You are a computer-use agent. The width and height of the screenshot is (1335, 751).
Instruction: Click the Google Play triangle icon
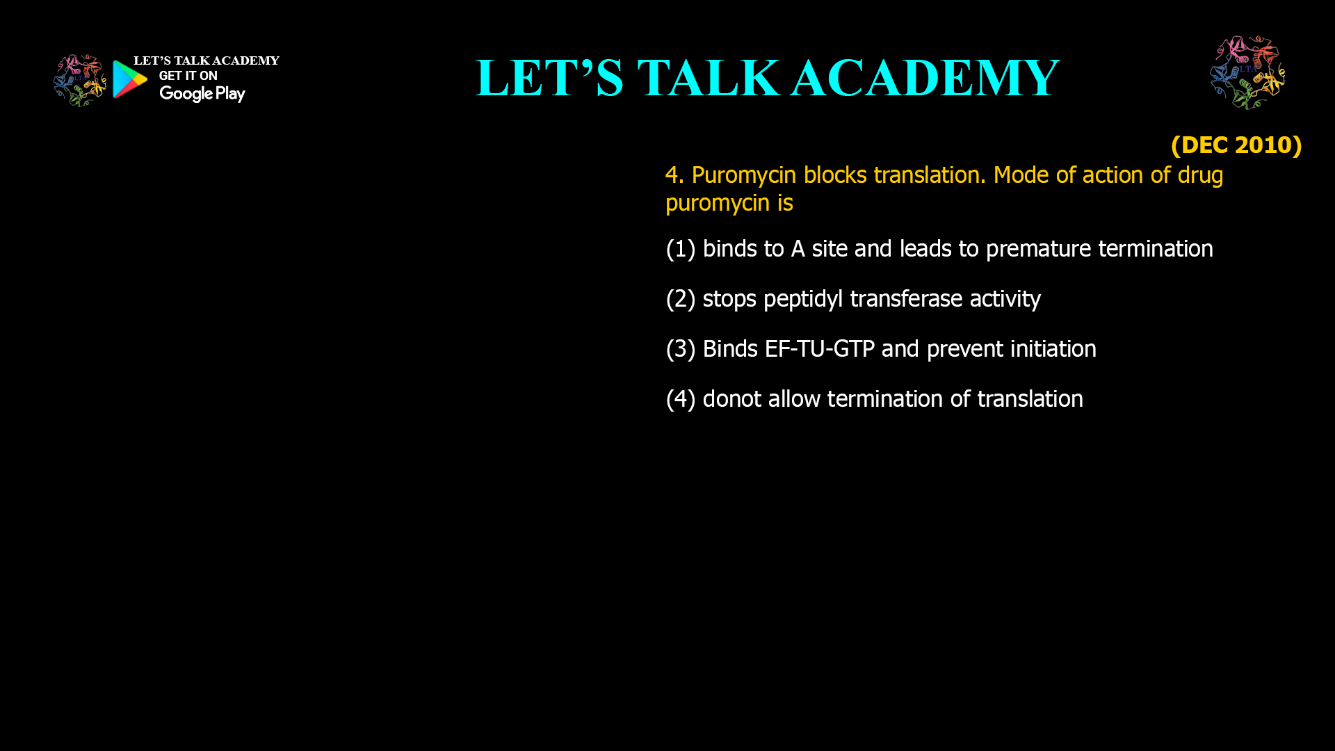[129, 79]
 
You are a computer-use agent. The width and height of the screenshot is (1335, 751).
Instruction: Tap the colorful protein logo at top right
[1247, 72]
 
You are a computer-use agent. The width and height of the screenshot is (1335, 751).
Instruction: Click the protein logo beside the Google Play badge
[79, 81]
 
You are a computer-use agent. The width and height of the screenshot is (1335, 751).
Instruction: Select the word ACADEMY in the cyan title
[925, 78]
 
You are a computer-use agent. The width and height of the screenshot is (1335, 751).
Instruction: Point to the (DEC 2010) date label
[1236, 145]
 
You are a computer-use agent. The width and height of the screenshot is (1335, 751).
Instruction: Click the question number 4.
[673, 175]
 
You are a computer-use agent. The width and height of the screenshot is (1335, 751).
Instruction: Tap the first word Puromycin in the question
[744, 175]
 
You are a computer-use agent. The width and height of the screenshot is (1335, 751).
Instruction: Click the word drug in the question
[1199, 175]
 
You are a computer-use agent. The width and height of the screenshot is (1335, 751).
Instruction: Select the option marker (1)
[680, 249]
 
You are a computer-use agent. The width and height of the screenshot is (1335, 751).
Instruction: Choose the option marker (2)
[680, 299]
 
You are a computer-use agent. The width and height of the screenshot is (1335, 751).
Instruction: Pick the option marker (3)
[680, 349]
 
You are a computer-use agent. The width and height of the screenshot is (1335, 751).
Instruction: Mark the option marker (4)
[680, 399]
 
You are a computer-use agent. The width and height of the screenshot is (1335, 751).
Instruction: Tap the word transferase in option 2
[906, 299]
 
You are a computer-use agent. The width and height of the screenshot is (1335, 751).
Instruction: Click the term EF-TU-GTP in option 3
[819, 349]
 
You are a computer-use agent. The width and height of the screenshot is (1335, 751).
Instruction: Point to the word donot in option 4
[731, 399]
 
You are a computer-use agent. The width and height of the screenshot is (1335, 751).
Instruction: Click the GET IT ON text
[188, 76]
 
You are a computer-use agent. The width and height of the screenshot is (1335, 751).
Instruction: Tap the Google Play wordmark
[202, 94]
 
